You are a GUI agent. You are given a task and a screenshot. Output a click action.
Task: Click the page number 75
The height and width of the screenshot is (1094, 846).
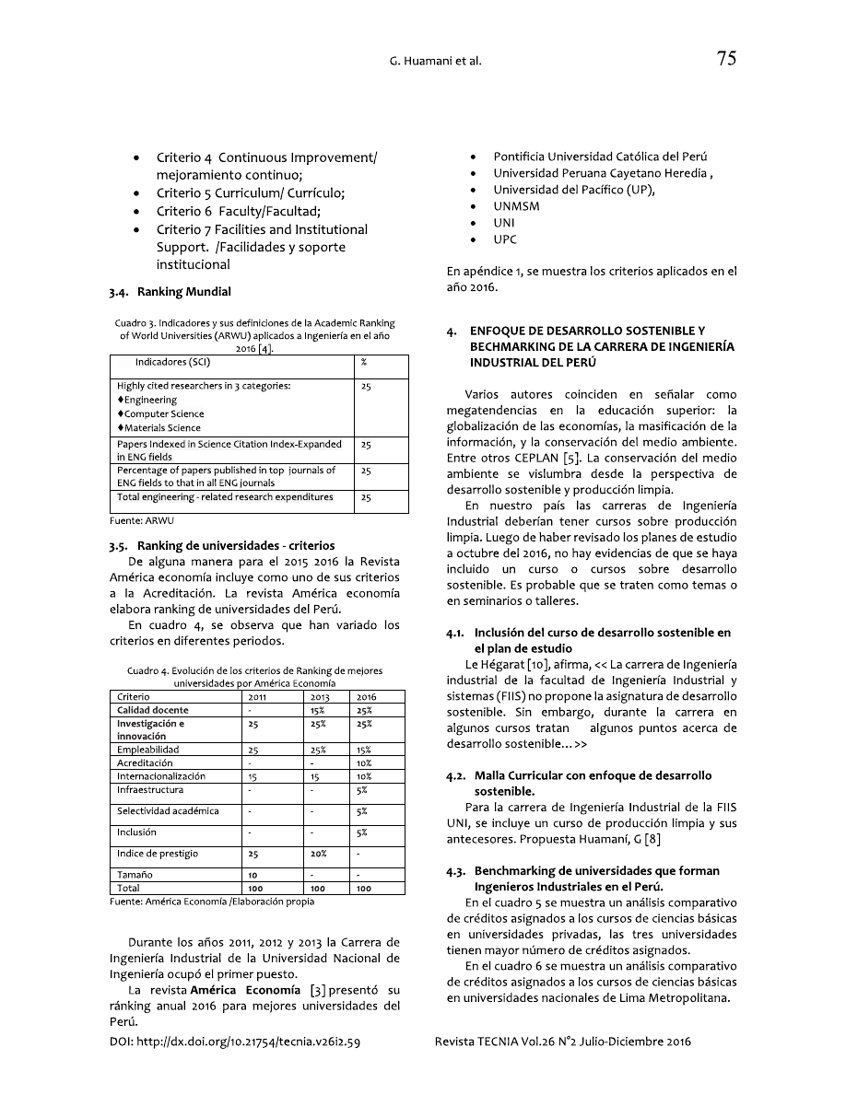[x=725, y=60]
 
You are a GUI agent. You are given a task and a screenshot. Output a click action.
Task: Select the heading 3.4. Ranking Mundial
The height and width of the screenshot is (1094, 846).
[x=170, y=292]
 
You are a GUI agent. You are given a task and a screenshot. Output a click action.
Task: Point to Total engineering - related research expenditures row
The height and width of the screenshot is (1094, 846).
[x=225, y=497]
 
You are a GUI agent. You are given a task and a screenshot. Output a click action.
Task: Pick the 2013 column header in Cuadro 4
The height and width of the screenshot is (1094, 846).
[x=319, y=697]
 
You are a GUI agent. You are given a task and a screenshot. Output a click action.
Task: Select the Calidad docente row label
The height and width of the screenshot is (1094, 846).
[x=153, y=710]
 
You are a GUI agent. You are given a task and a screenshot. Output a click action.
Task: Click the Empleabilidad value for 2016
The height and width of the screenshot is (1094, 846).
[x=365, y=750]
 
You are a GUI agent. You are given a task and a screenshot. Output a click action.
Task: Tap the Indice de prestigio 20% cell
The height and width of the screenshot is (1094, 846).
[x=319, y=854]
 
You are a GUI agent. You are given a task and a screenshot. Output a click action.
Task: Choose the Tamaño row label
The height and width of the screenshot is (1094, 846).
[x=135, y=875]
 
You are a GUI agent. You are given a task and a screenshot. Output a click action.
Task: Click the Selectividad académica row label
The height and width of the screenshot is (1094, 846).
[x=168, y=811]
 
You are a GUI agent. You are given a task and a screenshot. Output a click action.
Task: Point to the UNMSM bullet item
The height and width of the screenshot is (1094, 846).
[x=516, y=206]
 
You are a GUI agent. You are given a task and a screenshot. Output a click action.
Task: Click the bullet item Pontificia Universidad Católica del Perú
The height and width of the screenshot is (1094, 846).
[x=600, y=157]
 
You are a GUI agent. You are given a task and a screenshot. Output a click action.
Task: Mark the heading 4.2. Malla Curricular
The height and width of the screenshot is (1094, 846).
[x=593, y=776]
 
